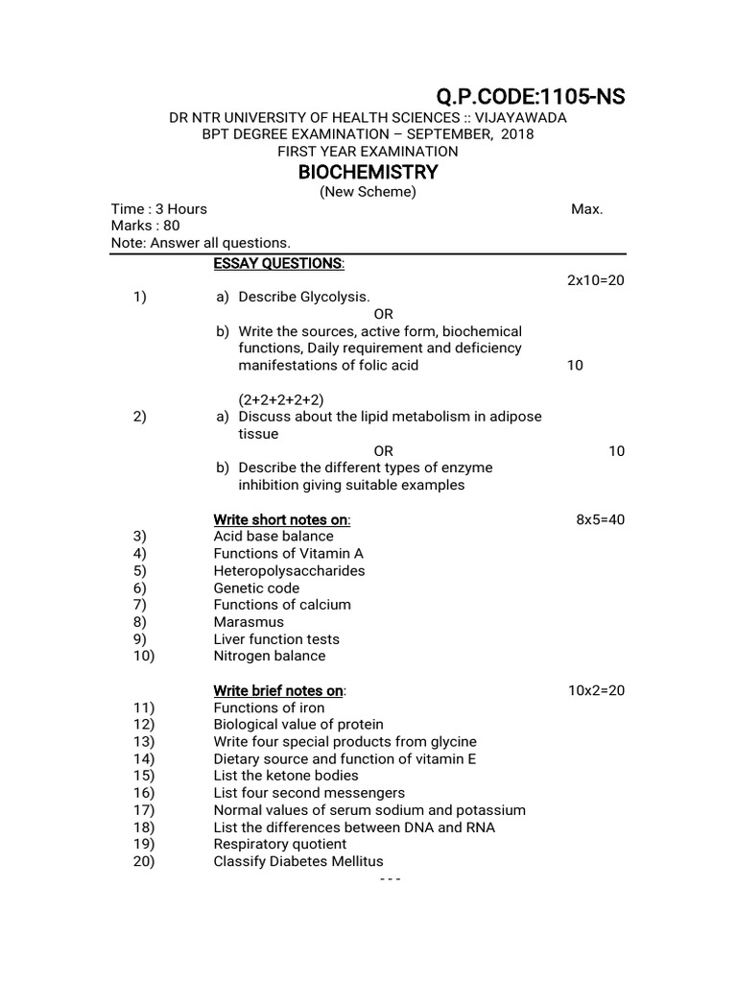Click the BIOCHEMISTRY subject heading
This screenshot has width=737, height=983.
368,172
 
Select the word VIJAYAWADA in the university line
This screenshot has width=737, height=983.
520,117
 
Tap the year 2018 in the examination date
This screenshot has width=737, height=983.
514,134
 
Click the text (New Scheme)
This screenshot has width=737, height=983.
368,192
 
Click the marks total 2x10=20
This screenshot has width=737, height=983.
596,280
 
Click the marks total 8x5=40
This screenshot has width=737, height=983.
600,519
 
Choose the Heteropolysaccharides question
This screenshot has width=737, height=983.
289,571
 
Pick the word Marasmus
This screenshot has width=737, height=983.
249,622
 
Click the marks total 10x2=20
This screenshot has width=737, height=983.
596,691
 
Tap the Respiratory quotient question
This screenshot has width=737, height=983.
280,845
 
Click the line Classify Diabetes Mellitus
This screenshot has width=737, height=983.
297,862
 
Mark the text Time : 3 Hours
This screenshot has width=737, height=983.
159,209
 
